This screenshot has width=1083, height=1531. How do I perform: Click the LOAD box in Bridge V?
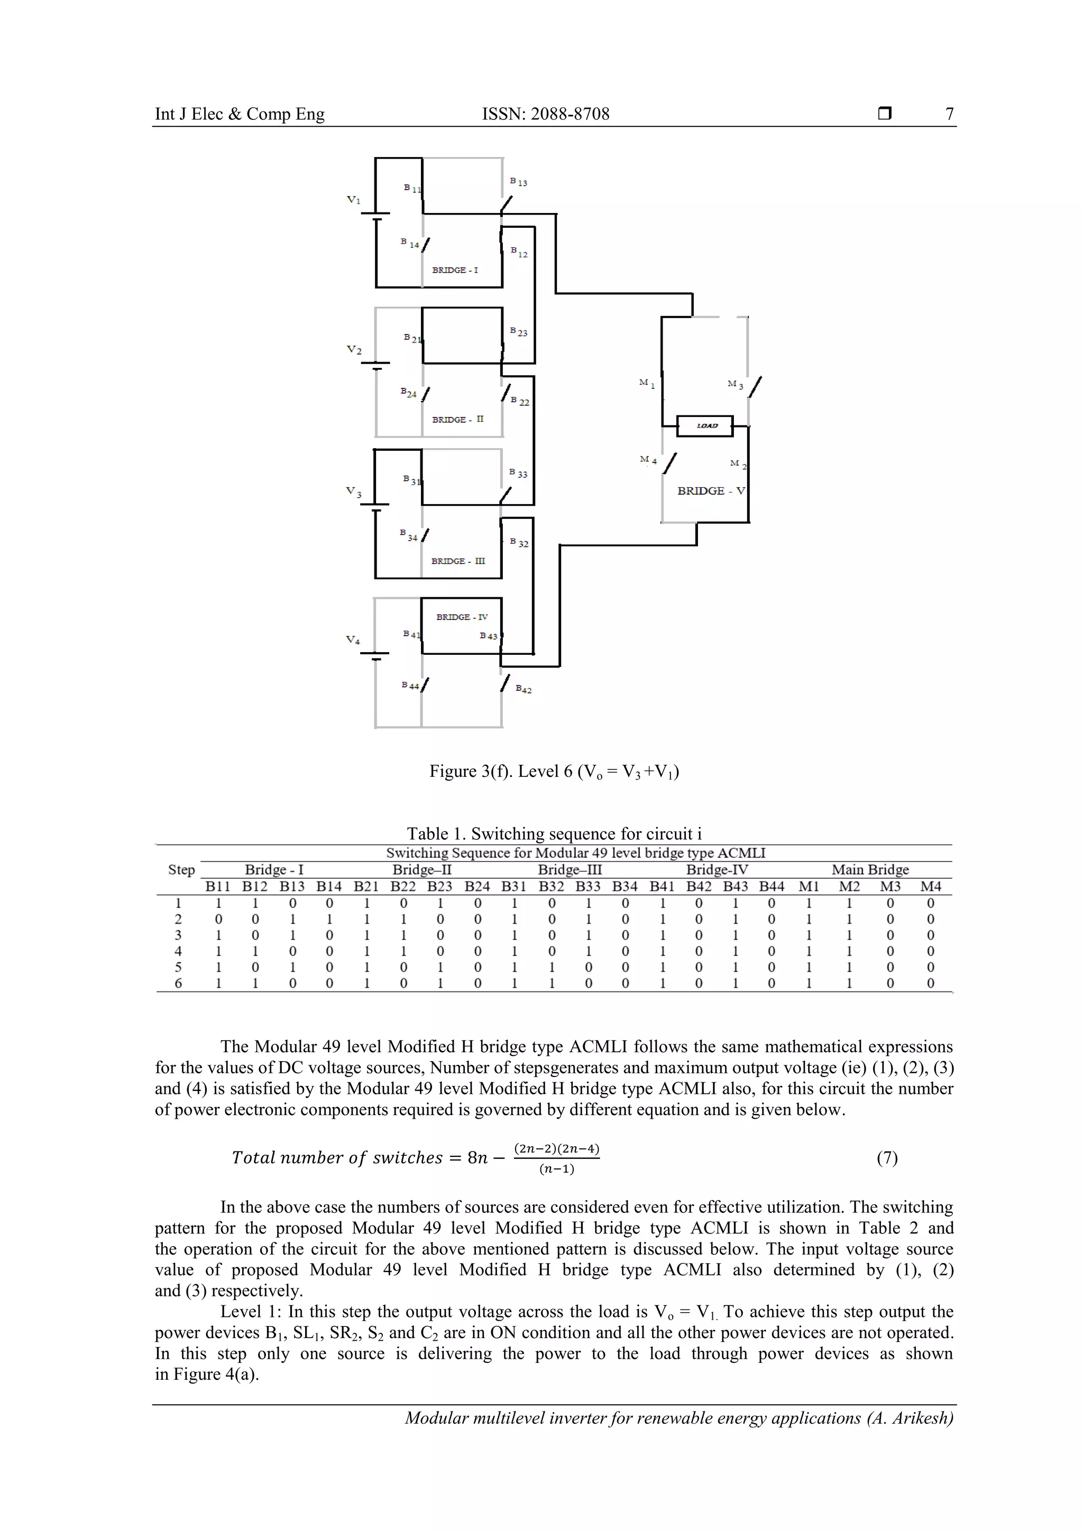tap(705, 425)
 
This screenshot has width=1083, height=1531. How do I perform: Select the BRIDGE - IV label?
tap(462, 617)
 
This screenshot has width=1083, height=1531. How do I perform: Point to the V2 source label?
tap(354, 350)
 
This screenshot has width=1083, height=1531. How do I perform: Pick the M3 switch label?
tap(736, 385)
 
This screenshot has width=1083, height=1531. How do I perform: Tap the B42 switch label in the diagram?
tap(524, 690)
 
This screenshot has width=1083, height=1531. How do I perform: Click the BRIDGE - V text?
tap(711, 491)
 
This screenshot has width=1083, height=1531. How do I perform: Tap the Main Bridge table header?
tap(869, 869)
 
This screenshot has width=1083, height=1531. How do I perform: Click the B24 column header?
tap(477, 886)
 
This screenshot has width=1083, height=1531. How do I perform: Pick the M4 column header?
tap(930, 886)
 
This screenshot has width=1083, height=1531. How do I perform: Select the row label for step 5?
tap(178, 967)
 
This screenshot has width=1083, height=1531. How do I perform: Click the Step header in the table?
tap(181, 869)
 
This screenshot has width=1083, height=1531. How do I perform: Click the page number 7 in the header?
tap(949, 114)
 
